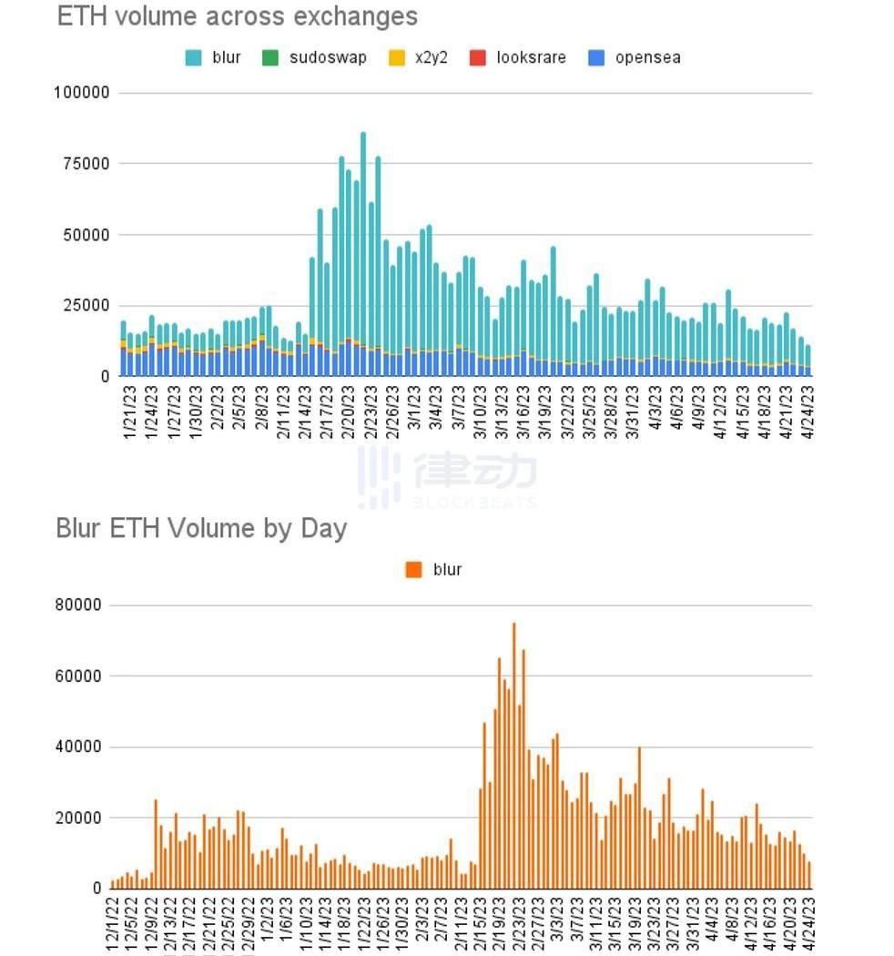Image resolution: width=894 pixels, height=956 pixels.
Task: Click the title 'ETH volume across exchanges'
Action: pyautogui.click(x=237, y=16)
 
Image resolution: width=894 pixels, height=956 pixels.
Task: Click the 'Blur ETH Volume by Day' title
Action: pyautogui.click(x=201, y=529)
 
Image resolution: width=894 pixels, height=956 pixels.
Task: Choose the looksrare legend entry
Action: pyautogui.click(x=520, y=57)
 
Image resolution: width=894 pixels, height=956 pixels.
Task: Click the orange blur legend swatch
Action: pyautogui.click(x=414, y=570)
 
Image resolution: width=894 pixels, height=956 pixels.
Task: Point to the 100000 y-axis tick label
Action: pyautogui.click(x=82, y=93)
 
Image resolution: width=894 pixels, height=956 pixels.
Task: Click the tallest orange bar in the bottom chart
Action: pyautogui.click(x=513, y=756)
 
